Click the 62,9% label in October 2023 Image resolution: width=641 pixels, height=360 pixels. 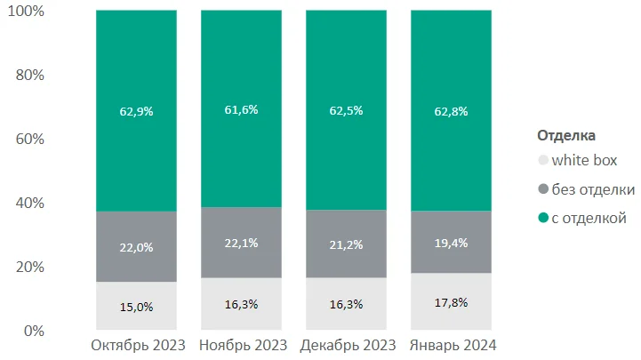click(136, 112)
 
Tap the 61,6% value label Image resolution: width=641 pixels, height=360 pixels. click(241, 110)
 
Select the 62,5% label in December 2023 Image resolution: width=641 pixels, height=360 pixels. click(346, 112)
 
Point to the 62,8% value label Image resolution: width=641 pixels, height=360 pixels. click(451, 112)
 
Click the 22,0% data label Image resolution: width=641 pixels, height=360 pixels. click(136, 247)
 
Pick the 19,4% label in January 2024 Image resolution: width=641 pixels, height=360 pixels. click(451, 243)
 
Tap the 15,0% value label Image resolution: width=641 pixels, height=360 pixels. click(136, 307)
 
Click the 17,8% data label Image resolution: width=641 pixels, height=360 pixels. click(451, 302)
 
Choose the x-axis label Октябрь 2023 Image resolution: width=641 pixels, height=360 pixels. click(137, 345)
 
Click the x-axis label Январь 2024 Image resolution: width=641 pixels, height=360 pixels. click(452, 345)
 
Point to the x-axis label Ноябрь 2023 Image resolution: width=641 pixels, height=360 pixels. click(242, 345)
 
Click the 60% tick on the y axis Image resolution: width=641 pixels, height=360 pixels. click(29, 139)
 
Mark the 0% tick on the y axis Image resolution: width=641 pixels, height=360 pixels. click(34, 331)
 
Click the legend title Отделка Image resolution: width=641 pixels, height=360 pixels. click(566, 136)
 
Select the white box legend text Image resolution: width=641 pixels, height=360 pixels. click(584, 161)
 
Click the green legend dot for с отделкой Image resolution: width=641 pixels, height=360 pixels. click(543, 218)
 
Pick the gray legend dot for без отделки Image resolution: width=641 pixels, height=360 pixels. click(543, 189)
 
